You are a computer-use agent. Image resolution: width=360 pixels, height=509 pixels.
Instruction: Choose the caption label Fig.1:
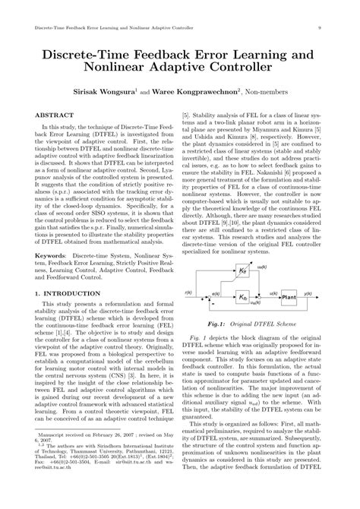tap(222, 327)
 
